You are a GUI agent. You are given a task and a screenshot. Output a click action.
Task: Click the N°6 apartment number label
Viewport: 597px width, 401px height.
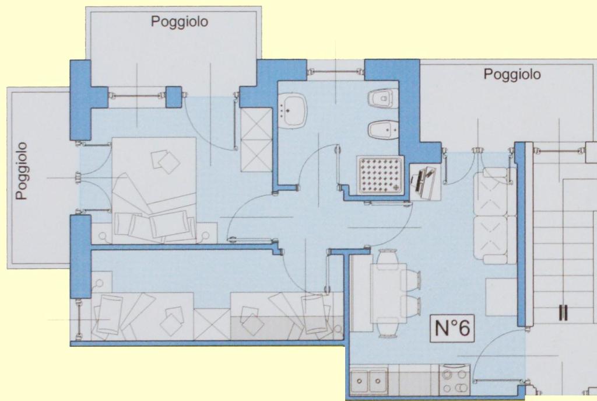point(452,328)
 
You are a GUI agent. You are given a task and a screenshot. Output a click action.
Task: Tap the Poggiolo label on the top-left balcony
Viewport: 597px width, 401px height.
point(180,22)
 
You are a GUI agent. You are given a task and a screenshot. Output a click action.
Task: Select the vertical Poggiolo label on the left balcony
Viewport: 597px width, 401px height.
point(22,171)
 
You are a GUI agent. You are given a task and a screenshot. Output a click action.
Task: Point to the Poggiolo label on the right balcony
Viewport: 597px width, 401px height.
point(512,74)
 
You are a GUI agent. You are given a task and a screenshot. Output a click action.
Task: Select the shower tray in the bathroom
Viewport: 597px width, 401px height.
point(380,175)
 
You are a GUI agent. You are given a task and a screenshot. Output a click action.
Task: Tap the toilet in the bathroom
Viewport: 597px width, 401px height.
point(382,99)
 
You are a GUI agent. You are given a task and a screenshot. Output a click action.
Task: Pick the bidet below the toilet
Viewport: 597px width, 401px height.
point(382,130)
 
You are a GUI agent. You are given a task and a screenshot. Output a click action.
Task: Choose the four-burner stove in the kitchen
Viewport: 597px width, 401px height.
point(455,380)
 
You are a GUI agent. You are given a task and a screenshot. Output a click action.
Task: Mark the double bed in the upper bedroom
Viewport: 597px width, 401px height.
point(154,190)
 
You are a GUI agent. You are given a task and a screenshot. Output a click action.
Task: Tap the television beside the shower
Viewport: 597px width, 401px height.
point(425,182)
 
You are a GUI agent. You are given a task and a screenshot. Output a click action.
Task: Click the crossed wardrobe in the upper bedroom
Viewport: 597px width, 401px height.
point(257,140)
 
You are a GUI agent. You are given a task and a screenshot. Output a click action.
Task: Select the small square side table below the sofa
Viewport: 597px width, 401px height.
point(501,297)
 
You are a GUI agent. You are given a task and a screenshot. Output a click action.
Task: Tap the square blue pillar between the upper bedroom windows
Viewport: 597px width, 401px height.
point(174,97)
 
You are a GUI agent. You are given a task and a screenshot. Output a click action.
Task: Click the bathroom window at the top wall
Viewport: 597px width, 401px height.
point(336,71)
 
